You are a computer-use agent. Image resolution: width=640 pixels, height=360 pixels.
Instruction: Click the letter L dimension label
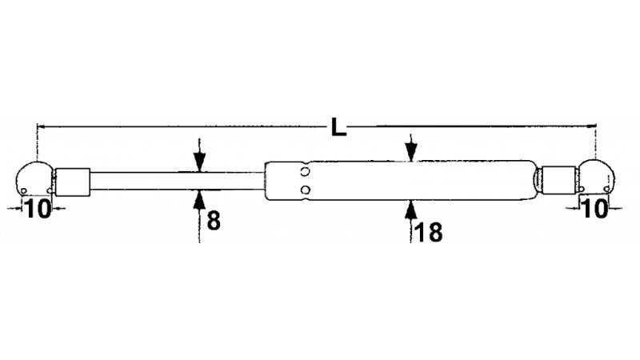tap(338, 127)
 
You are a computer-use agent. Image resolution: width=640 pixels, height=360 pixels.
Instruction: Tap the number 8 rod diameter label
tap(214, 221)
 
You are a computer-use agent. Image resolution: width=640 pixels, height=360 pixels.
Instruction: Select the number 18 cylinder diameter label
tap(428, 233)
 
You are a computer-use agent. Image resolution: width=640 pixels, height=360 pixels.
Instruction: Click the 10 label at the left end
tap(38, 209)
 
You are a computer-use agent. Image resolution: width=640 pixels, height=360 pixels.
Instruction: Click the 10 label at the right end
tap(595, 209)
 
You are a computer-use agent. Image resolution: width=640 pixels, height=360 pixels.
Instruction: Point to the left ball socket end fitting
tap(34, 178)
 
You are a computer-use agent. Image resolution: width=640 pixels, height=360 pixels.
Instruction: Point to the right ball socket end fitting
tap(596, 176)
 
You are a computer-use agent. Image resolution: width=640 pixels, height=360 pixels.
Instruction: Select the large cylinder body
tap(400, 181)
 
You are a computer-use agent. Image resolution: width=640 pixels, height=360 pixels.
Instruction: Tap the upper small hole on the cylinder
tap(305, 171)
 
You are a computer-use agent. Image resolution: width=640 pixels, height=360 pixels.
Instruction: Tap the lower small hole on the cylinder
tap(305, 190)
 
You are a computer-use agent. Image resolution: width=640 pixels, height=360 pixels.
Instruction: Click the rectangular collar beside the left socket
tap(73, 182)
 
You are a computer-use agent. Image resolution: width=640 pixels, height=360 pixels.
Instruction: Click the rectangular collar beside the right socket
tap(558, 179)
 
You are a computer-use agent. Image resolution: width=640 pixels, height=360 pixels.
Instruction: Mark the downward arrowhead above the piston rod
tap(199, 163)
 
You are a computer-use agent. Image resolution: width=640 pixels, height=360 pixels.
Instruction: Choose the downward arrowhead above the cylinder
tap(411, 152)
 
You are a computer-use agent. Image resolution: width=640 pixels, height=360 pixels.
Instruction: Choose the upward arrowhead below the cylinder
tap(411, 210)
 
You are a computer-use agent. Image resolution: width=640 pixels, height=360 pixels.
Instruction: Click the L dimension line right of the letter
tap(472, 126)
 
